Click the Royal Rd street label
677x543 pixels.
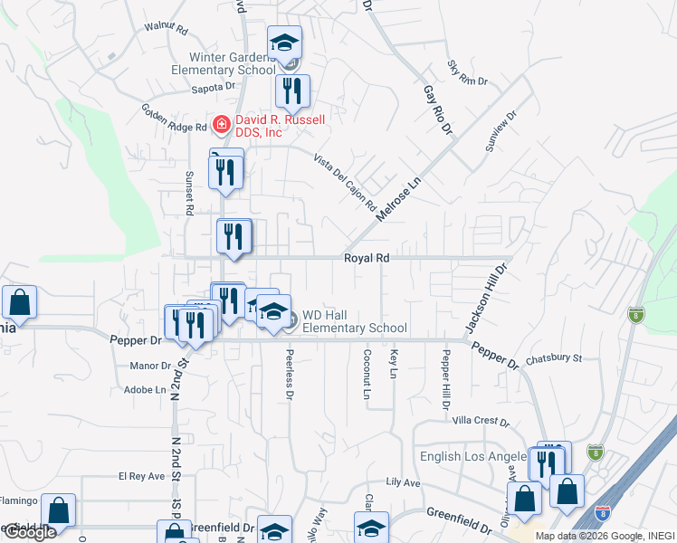[366, 258]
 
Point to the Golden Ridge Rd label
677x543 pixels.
[174, 118]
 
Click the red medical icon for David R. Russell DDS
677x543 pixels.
[219, 123]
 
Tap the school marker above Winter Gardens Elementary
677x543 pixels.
[284, 43]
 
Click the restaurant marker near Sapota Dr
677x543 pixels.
[292, 90]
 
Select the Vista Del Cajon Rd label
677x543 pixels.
[344, 182]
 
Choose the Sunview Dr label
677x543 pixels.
[499, 132]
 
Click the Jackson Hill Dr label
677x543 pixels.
[483, 297]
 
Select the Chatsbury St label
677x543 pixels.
[553, 358]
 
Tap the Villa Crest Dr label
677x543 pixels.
[481, 421]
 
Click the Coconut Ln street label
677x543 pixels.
[367, 375]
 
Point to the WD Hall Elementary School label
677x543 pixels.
[354, 321]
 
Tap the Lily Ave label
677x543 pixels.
[404, 483]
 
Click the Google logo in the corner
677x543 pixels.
[30, 532]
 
